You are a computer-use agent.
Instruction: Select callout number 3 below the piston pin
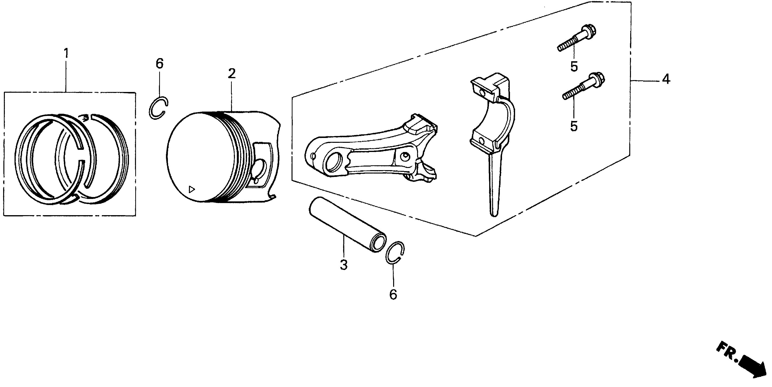tap(344, 265)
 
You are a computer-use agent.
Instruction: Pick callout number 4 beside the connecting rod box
tap(666, 79)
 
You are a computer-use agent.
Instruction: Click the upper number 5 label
tap(574, 67)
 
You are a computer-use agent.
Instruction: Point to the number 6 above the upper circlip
tap(160, 64)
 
